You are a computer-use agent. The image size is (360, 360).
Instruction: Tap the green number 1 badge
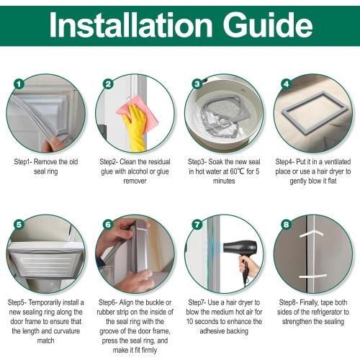(x=19, y=85)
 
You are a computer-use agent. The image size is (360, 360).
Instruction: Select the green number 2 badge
(x=108, y=85)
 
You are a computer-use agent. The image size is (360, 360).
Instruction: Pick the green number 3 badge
(x=196, y=85)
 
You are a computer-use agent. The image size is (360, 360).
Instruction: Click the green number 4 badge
(x=286, y=85)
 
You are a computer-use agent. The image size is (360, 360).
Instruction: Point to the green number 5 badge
(x=19, y=225)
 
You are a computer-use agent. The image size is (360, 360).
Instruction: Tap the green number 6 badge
(x=108, y=225)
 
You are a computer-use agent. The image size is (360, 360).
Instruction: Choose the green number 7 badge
(x=196, y=225)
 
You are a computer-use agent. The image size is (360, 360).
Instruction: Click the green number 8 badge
(x=286, y=225)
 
